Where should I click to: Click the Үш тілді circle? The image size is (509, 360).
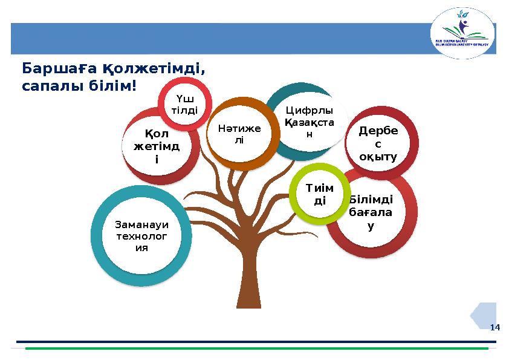185,103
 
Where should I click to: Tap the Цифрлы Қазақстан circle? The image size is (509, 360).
309,122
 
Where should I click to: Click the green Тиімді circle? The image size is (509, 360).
320,194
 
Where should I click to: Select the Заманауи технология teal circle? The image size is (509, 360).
142,237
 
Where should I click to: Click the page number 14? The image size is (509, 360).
494,327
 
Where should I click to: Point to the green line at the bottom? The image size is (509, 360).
254,349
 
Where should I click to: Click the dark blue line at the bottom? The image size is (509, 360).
254,342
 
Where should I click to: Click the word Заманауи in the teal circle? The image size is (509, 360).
142,224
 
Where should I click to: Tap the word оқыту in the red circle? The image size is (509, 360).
378,157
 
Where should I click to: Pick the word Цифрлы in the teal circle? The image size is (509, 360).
309,111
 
